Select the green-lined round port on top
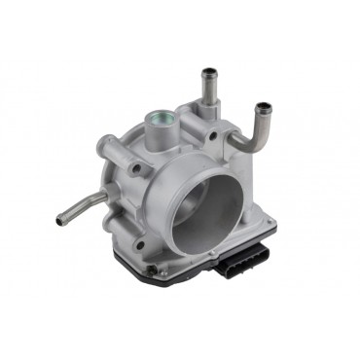point(158,122)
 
